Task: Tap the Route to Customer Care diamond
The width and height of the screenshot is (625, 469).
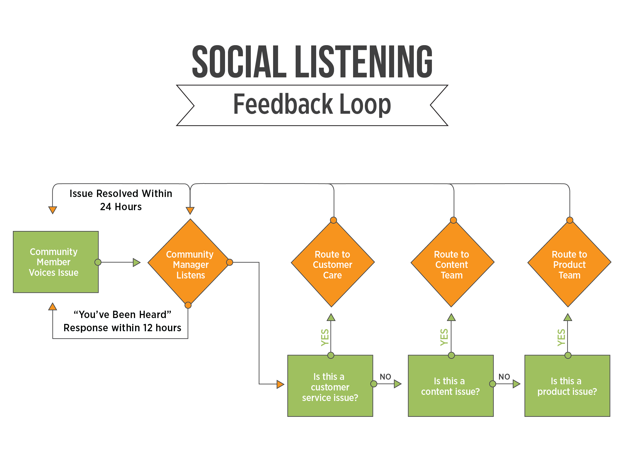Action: [333, 264]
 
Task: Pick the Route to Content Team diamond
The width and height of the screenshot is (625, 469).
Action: [452, 264]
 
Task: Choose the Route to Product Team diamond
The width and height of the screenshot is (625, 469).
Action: [569, 264]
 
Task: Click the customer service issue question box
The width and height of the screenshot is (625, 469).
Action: [330, 386]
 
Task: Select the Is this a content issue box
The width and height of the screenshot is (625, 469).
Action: [451, 386]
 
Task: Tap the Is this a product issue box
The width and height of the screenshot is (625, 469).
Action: [567, 386]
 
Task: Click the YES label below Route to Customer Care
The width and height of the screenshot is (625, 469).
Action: [325, 337]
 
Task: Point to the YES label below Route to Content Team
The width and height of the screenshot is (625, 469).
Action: [444, 337]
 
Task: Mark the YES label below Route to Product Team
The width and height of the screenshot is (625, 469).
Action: [561, 337]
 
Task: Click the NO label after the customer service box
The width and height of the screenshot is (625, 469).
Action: [385, 377]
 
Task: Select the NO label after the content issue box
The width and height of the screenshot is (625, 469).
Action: [504, 377]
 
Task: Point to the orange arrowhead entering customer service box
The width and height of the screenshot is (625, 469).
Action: [280, 384]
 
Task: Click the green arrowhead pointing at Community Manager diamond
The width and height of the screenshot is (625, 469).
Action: [137, 262]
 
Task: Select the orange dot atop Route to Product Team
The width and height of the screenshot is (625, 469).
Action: [570, 220]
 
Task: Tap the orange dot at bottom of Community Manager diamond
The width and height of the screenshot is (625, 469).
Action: [188, 305]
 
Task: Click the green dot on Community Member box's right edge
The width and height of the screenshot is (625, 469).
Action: [98, 262]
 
